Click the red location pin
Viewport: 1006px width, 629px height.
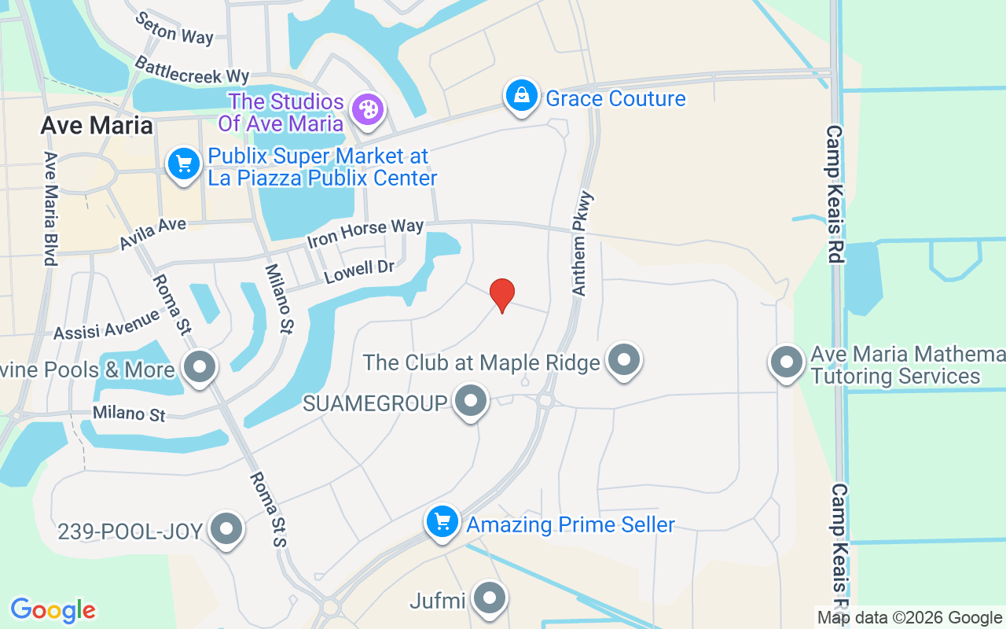coord(502,295)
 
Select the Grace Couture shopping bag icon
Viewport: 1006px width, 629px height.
coord(520,97)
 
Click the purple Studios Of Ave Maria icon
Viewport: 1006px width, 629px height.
coord(367,109)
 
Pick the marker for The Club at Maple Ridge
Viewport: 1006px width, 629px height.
coord(625,360)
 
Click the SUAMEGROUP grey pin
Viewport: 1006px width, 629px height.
coord(471,401)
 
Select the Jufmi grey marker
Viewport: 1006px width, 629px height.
coord(490,599)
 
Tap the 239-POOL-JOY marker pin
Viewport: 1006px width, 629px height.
coord(227,529)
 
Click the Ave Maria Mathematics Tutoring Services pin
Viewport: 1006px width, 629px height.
coord(786,362)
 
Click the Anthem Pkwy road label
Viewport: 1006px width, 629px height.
coord(582,244)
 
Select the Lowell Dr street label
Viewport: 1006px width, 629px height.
coord(359,271)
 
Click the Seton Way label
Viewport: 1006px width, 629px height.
coord(174,28)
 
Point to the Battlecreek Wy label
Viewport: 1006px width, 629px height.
coord(192,70)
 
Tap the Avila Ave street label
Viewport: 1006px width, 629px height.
coord(153,234)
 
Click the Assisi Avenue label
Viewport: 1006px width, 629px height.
coord(107,325)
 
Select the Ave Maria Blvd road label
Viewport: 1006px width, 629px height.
coord(50,208)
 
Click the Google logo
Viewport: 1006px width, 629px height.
coord(53,610)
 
